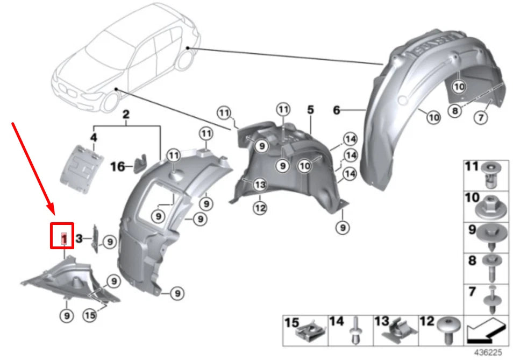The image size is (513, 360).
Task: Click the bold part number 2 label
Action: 126,115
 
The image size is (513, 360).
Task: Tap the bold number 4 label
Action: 93,138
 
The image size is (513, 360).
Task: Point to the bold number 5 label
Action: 310,110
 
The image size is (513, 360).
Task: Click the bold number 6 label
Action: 337,110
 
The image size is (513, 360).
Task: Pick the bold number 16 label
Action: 117,167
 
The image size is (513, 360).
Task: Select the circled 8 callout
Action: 455,111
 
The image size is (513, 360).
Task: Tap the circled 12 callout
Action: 260,207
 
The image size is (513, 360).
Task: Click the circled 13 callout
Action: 260,185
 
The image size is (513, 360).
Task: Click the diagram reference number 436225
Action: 488,353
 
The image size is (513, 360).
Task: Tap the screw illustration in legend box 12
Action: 448,329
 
